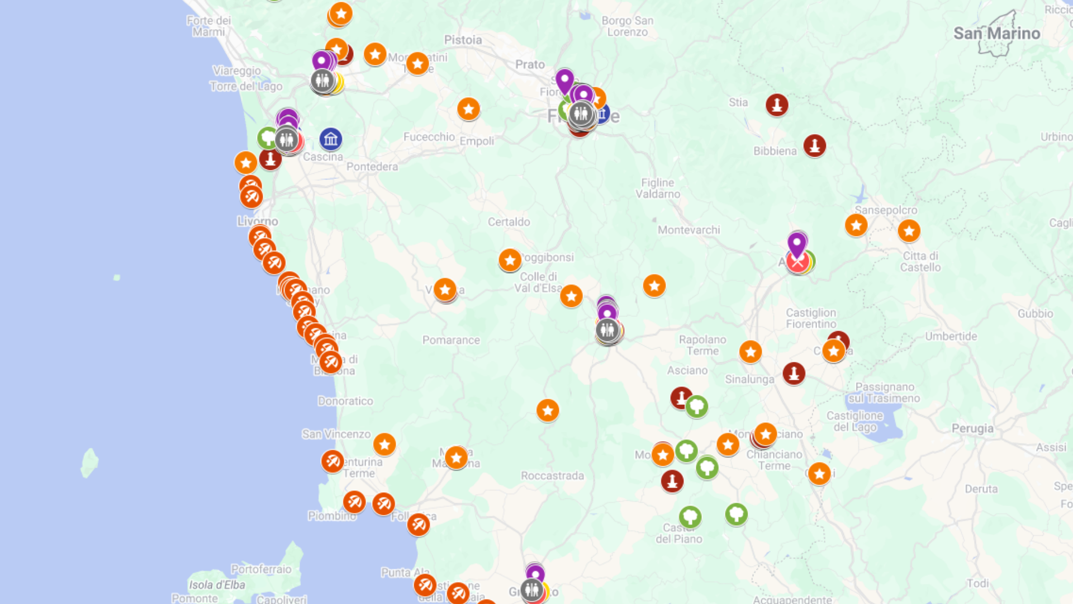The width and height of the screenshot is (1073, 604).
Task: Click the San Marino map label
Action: (996, 34)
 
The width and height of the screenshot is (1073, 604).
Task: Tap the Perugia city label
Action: (972, 428)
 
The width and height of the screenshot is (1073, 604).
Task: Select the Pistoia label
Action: (463, 40)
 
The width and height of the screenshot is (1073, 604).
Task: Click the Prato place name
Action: (530, 64)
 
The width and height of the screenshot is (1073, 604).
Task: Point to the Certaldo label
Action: (509, 222)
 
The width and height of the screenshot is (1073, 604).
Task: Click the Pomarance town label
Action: (451, 340)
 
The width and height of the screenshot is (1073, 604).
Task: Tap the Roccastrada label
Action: (552, 476)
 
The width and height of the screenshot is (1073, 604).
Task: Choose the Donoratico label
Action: (345, 401)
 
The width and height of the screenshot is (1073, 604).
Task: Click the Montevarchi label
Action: (689, 230)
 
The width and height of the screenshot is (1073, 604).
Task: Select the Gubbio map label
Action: (1035, 314)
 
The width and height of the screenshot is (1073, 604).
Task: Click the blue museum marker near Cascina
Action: (331, 139)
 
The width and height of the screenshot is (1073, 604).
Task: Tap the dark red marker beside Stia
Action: (777, 105)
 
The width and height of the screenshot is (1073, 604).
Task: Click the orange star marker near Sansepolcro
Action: (856, 225)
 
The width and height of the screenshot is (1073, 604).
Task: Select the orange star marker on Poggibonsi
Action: (510, 260)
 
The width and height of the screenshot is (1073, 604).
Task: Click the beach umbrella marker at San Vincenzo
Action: (333, 461)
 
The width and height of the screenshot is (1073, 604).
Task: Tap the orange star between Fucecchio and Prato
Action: (468, 109)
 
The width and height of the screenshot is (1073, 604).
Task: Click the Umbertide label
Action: (951, 337)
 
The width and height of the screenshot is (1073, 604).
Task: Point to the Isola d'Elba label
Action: (217, 585)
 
